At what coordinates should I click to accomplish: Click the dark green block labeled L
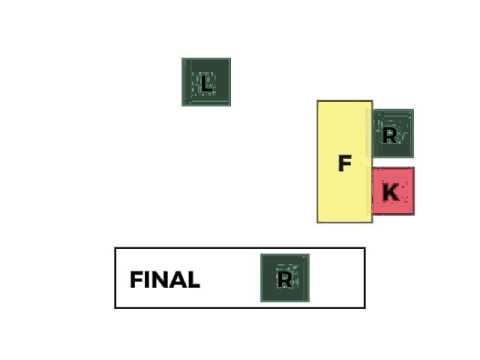pos(206,82)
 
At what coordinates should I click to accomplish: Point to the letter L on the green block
pos(206,83)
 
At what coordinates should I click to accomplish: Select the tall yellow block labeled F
pos(345,161)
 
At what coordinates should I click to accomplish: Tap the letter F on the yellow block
pos(345,163)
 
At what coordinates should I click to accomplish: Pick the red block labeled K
pos(393,192)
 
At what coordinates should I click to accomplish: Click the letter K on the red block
pos(391,192)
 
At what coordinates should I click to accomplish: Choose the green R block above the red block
pos(393,134)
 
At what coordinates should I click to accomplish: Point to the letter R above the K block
pos(390,135)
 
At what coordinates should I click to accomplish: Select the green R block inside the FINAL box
pos(285,278)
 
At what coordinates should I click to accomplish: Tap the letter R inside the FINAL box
pos(285,279)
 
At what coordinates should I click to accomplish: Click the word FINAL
pos(164,280)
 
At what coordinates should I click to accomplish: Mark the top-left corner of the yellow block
pos(318,101)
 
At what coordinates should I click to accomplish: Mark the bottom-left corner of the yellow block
pos(318,222)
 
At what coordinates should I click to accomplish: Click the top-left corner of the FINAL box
pos(115,248)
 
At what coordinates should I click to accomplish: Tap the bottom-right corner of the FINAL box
pos(365,308)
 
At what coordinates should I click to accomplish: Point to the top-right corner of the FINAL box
pos(365,248)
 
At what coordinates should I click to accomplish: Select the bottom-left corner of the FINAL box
pos(115,308)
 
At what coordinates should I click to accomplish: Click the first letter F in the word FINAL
pos(136,280)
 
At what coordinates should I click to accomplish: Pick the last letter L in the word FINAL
pos(193,280)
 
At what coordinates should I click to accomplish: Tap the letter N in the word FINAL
pos(157,280)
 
